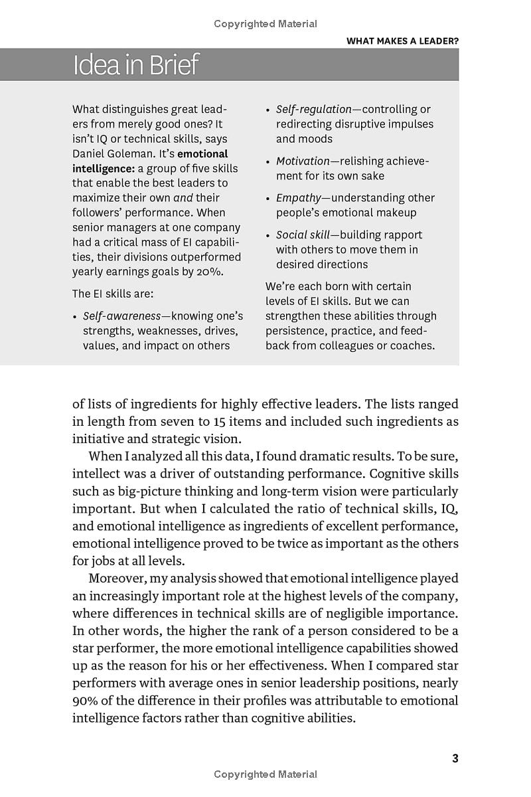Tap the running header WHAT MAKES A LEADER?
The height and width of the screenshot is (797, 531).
tap(402, 41)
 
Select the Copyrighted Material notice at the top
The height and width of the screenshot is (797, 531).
tap(265, 24)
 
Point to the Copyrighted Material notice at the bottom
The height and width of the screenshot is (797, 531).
tap(265, 774)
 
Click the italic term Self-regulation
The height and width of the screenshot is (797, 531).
tap(313, 110)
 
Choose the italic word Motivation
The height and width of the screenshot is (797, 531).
tap(303, 161)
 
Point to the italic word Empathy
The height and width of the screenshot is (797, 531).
tap(299, 198)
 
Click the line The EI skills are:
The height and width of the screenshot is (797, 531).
tap(113, 294)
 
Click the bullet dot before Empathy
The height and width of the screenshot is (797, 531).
tap(267, 199)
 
